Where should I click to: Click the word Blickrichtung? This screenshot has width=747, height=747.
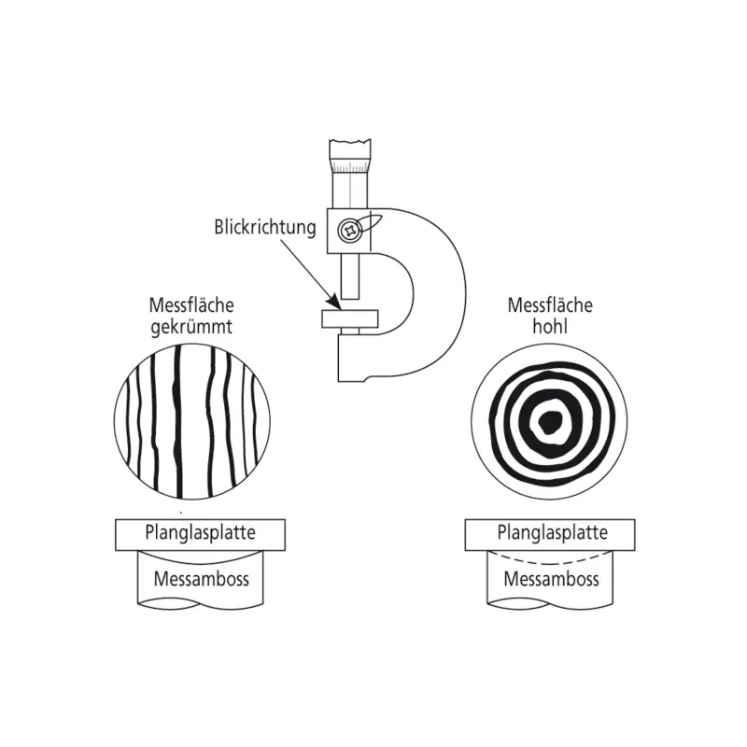pyautogui.click(x=265, y=227)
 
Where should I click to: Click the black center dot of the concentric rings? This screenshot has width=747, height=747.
pyautogui.click(x=548, y=421)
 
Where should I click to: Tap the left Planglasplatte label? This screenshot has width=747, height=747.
pyautogui.click(x=200, y=533)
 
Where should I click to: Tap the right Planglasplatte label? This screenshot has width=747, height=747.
pyautogui.click(x=550, y=533)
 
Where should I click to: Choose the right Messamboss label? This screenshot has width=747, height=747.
pyautogui.click(x=550, y=578)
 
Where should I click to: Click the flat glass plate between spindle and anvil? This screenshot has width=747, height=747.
pyautogui.click(x=349, y=318)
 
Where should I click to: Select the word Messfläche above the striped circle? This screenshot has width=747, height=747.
pyautogui.click(x=190, y=306)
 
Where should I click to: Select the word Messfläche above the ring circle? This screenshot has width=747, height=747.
pyautogui.click(x=550, y=306)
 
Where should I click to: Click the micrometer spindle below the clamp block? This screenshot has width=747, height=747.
pyautogui.click(x=349, y=280)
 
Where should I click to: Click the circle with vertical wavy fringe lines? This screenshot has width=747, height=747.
pyautogui.click(x=191, y=419)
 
